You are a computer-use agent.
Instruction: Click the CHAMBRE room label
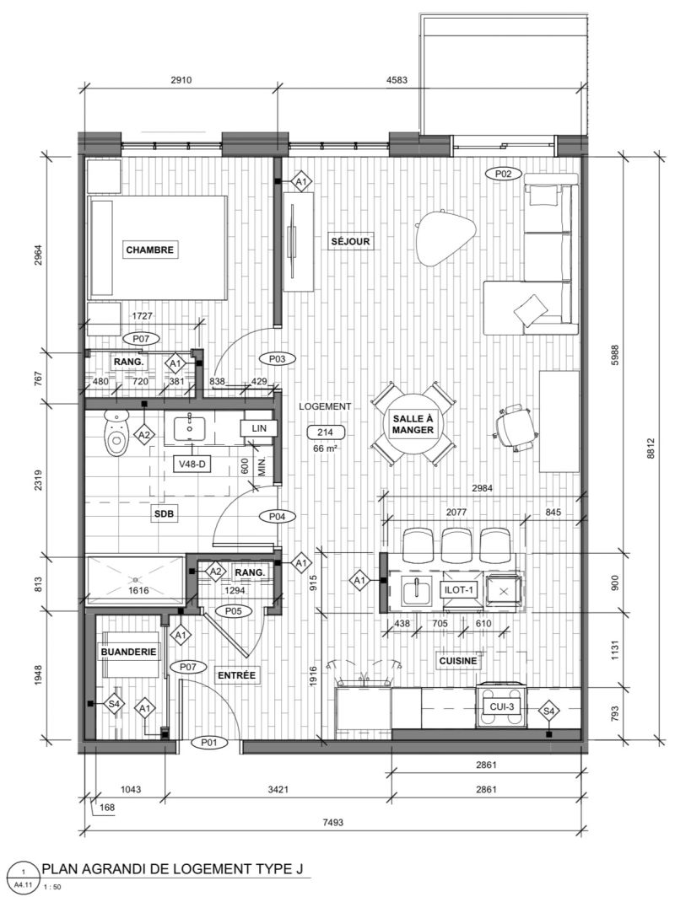pos(150,250)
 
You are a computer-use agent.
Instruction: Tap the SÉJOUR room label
pos(350,241)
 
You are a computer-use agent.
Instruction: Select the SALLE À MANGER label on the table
pos(413,425)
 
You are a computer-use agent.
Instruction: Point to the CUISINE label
pos(458,661)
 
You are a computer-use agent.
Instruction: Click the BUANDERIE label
pos(128,652)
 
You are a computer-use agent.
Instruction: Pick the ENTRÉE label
pos(236,675)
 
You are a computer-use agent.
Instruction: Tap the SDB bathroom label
pos(165,514)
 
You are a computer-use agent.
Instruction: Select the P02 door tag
pos(503,173)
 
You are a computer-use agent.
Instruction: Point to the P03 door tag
pos(277,359)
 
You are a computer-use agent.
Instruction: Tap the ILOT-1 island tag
pos(458,590)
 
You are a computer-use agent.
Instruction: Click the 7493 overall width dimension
pos(332,822)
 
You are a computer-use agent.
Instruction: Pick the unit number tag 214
pos(325,432)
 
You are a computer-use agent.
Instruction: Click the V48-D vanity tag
pos(192,464)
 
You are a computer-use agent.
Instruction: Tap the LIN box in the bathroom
pos(259,428)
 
